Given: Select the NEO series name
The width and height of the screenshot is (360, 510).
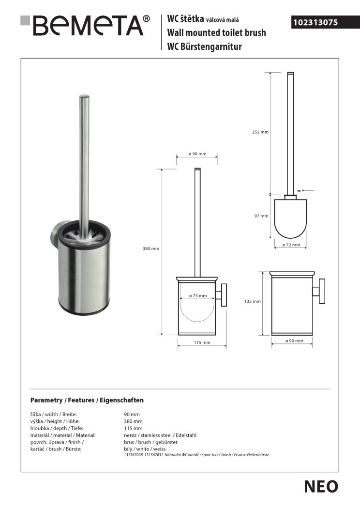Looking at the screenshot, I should (x=321, y=486).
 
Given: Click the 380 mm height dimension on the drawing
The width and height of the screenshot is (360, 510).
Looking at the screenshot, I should (x=151, y=248).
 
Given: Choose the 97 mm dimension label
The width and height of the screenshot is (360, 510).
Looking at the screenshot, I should (x=261, y=216).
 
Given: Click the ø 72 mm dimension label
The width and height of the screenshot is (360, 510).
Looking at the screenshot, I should (x=291, y=245).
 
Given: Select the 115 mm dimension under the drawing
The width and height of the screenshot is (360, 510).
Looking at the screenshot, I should (x=202, y=342).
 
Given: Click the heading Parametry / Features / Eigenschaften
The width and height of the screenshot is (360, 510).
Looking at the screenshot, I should (x=87, y=401).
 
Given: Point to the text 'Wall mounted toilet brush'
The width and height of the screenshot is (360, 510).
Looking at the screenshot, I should (x=216, y=33).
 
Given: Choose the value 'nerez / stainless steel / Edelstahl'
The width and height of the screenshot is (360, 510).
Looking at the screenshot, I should (x=160, y=435).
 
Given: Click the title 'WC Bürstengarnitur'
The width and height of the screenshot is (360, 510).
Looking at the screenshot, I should (x=204, y=46).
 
